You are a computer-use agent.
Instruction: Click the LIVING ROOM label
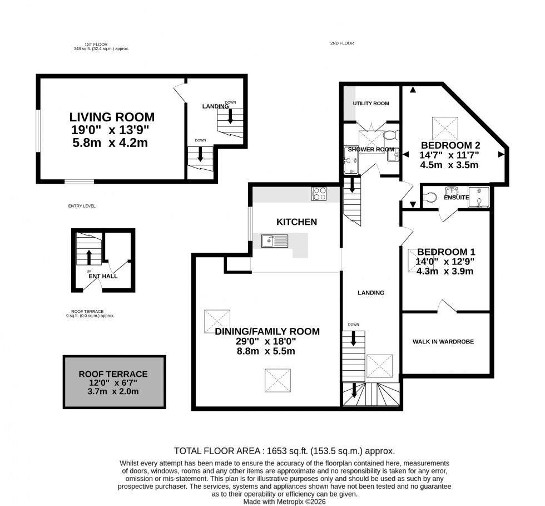tap(111, 117)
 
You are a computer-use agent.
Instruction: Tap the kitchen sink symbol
tap(275, 240)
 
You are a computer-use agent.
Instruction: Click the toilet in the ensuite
tap(430, 197)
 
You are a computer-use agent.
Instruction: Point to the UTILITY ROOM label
tap(371, 104)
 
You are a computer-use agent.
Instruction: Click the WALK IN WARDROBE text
tap(443, 342)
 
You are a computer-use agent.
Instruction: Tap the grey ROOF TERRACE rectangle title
tap(113, 375)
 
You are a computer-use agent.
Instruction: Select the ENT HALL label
tap(102, 276)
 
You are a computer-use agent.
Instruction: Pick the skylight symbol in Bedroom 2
tap(444, 129)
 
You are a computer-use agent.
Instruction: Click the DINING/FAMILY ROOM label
tap(267, 332)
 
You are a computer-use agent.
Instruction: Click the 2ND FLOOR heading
tap(341, 43)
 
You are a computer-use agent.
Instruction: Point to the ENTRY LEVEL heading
tap(82, 206)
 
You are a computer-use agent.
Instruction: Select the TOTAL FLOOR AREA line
tap(285, 451)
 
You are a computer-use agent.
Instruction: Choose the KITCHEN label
tap(296, 222)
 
